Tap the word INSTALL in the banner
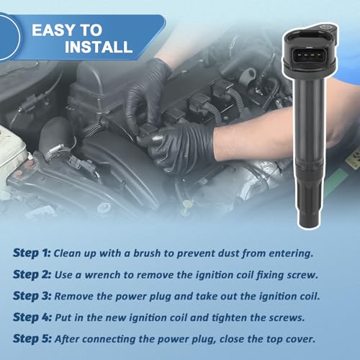[99, 47]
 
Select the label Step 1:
[32, 253]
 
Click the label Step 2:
[32, 274]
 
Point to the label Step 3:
[32, 296]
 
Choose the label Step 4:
[32, 318]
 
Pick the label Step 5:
[32, 338]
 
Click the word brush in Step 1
[147, 253]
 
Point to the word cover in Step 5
[300, 339]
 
